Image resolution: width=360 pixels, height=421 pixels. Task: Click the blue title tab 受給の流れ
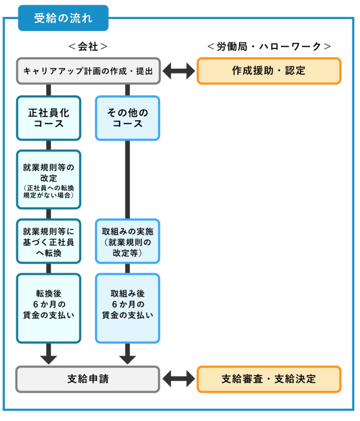pos(63,19)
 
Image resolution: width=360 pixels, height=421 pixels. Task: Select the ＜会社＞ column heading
pos(88,46)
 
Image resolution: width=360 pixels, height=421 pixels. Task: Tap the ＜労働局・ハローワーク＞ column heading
pos(269,46)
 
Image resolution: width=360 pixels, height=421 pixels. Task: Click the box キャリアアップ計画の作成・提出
pos(88,71)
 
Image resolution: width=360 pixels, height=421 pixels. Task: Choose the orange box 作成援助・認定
pos(269,71)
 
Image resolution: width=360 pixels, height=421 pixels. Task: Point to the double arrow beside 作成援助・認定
pos(179,71)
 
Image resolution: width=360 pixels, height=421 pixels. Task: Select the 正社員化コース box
pos(49,118)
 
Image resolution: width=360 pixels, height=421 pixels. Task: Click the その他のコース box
pos(128,118)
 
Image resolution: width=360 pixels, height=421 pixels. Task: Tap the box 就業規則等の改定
pos(49,173)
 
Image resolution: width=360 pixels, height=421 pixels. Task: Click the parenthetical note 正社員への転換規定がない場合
pos(49,192)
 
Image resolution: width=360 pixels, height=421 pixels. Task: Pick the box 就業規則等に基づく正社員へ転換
pos(49,241)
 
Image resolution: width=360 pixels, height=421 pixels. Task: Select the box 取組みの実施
pos(128,241)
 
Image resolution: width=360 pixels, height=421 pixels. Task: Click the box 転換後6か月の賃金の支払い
pos(49,308)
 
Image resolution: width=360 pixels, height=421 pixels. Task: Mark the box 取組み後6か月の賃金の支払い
pos(128,308)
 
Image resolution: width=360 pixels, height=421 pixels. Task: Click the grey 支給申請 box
pos(88,379)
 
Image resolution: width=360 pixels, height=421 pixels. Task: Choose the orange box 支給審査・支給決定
pos(269,379)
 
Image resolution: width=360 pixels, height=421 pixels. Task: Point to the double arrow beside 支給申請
pos(179,379)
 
